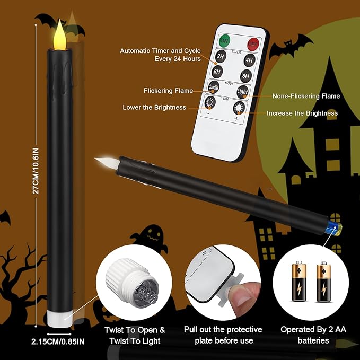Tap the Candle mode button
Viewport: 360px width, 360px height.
coord(214,88)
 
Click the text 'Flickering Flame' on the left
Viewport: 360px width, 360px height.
coord(168,91)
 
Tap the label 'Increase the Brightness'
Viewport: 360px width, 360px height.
coord(302,113)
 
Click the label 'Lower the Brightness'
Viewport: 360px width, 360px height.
coord(154,107)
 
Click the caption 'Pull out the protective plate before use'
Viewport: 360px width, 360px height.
coord(223,335)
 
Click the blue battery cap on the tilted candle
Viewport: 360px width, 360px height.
coord(333,229)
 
